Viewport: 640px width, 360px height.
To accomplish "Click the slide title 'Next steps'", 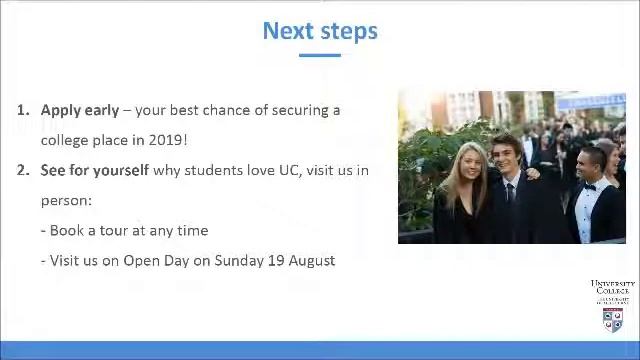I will click(320, 31).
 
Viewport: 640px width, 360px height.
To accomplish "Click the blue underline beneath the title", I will click(320, 55).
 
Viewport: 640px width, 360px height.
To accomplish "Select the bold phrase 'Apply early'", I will click(79, 110).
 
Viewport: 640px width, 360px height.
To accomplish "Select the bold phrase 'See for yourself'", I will click(94, 170).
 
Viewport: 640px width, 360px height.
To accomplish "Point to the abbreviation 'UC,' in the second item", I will click(287, 170).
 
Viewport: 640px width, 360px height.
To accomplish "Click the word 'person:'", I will click(66, 200).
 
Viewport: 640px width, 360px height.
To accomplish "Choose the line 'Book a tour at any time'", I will click(128, 230).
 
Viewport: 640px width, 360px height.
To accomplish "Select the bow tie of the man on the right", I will click(589, 186).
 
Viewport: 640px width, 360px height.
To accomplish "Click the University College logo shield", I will click(612, 320).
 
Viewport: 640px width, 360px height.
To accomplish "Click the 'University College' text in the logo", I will click(612, 287).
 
